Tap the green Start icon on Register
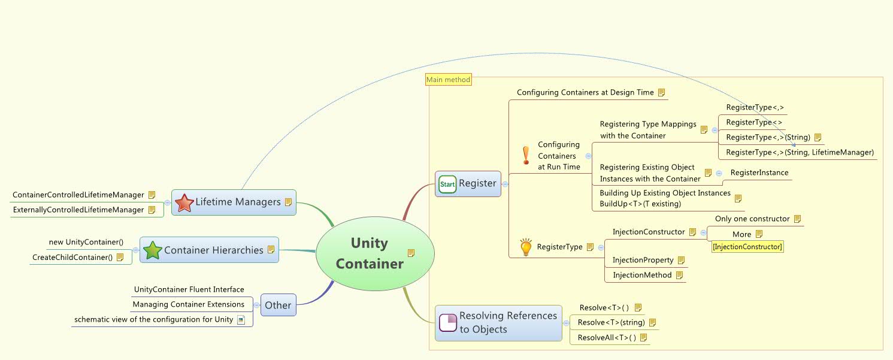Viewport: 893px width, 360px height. point(447,184)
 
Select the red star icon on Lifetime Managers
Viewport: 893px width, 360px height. point(184,202)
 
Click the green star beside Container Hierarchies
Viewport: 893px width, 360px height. point(153,250)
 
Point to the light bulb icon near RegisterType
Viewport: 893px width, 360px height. point(526,247)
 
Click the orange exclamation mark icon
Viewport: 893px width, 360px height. point(526,155)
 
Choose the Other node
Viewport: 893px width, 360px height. point(278,305)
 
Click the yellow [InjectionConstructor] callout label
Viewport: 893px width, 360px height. point(747,247)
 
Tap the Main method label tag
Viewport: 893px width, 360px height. point(448,80)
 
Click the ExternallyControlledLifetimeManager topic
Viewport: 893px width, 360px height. point(78,210)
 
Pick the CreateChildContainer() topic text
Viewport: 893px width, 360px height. point(72,257)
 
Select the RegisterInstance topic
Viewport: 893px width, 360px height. point(759,173)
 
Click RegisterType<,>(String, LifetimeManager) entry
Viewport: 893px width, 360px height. point(800,153)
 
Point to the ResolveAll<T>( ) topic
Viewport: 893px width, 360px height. point(606,338)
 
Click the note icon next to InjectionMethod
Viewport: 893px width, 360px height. point(679,276)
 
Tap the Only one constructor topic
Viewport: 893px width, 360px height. point(752,219)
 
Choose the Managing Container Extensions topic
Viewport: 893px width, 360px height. point(188,304)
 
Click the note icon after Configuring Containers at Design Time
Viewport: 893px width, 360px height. point(662,93)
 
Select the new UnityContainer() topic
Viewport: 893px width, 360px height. point(86,242)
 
